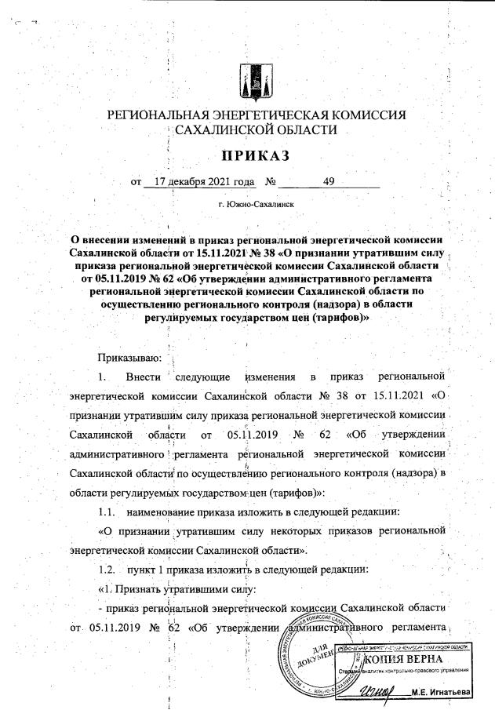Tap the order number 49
coord(329,182)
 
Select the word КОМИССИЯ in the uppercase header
coord(369,116)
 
